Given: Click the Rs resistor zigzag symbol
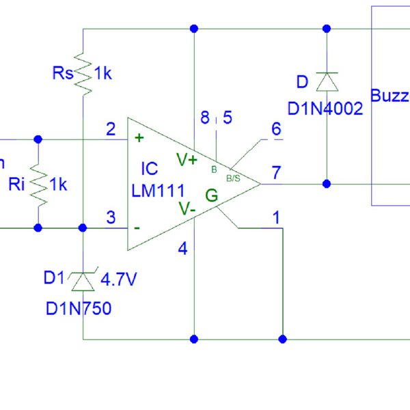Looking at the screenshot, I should (x=83, y=73).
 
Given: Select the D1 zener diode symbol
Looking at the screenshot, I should (x=83, y=280).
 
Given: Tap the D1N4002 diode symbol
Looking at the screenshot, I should (x=327, y=82).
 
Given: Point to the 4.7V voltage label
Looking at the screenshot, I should (x=120, y=279).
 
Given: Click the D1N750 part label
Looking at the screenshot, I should (x=78, y=308).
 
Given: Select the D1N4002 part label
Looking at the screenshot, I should (x=325, y=109).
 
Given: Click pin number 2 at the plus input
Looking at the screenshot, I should (x=111, y=128).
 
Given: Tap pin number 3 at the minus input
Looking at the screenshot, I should (x=111, y=218).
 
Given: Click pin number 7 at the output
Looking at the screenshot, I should (x=276, y=173).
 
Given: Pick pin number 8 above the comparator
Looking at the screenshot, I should (x=204, y=118).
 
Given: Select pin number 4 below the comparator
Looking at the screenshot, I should (x=182, y=249).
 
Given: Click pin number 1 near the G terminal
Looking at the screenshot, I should (x=276, y=218).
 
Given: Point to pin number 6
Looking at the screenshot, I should (x=276, y=128).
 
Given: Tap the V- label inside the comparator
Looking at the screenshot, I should (x=187, y=208).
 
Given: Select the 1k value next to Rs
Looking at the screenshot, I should (x=102, y=73).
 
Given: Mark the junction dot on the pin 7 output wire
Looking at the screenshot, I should (x=327, y=183).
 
